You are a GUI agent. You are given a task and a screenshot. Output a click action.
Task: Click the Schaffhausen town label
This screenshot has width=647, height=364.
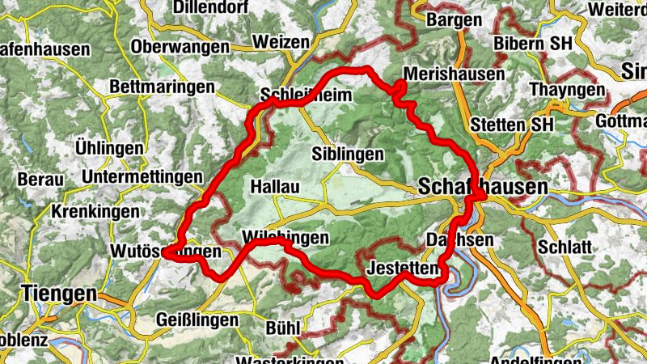(x=483, y=187)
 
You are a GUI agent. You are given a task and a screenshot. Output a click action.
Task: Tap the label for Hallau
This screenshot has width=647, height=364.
(x=275, y=187)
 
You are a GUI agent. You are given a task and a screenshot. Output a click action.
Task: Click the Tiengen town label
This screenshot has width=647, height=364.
(x=61, y=293)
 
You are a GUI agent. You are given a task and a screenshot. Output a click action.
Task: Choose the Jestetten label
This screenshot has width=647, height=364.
(x=401, y=267)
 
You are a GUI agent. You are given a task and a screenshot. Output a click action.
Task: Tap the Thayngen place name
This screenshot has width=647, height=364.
(x=568, y=90)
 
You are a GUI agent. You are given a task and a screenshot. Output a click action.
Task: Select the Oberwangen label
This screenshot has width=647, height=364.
(x=180, y=46)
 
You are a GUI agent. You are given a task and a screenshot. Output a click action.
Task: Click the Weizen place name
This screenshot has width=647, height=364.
(x=280, y=41)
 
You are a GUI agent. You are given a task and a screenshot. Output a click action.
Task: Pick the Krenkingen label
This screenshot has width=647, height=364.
(x=90, y=210)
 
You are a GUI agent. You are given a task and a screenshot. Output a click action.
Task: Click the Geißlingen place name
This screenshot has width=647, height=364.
(x=197, y=320)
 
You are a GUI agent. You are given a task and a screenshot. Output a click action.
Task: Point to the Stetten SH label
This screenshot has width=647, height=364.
(x=511, y=125)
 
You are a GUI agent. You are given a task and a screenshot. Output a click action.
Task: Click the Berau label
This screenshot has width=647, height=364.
(x=40, y=179)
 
